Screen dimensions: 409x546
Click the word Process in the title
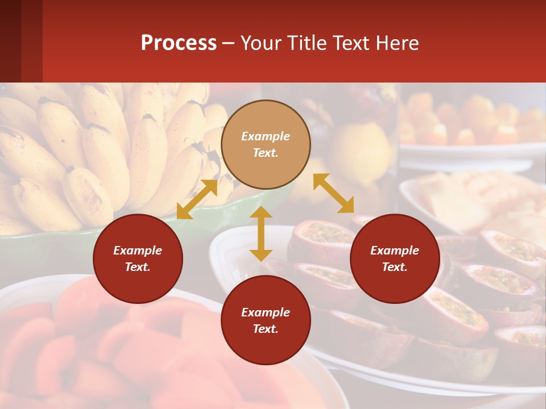pos(179,43)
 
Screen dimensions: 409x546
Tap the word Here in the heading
pos(396,43)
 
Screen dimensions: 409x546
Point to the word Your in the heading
pos(261,43)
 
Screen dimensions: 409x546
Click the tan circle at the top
pos(266,144)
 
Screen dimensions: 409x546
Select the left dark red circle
pos(138,258)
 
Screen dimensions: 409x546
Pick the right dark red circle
pos(395,258)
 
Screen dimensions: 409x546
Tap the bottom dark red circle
pos(266,320)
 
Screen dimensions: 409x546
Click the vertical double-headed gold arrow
pos(261,233)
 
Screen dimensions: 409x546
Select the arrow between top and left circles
pos(197,199)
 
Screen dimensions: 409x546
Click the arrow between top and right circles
pos(333,193)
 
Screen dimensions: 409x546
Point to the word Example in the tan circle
pos(266,136)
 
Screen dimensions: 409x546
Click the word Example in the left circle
pos(138,251)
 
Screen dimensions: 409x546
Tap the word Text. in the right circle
pos(395,267)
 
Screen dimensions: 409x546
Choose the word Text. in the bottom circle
pos(266,329)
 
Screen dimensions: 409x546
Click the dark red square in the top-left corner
pos(21,41)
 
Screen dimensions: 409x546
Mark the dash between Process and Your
pos(228,43)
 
